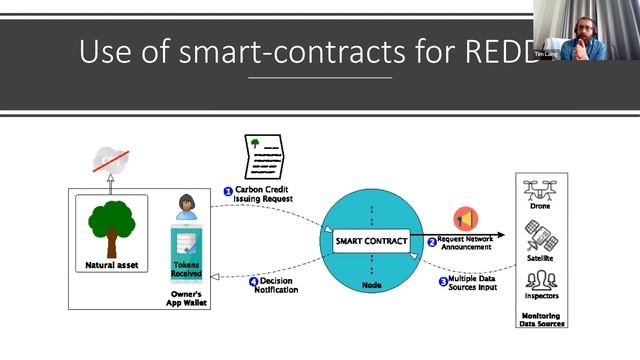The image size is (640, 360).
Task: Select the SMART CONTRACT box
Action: pyautogui.click(x=369, y=240)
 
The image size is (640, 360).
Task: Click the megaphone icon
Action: pyautogui.click(x=466, y=219)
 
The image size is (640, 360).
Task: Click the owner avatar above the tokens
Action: pyautogui.click(x=185, y=207)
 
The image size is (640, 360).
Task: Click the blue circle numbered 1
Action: pyautogui.click(x=227, y=190)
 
